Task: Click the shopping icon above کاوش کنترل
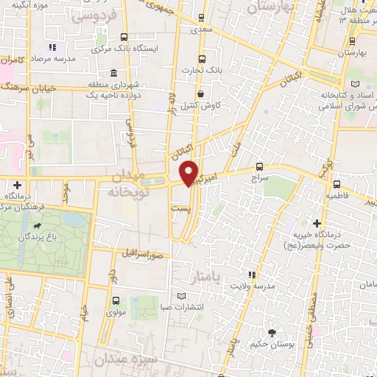tap(201, 94)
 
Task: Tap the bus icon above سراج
tap(258, 166)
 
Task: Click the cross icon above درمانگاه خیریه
tap(317, 222)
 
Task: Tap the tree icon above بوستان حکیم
tap(272, 333)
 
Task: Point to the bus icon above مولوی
tap(116, 300)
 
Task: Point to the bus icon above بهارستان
tap(354, 41)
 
